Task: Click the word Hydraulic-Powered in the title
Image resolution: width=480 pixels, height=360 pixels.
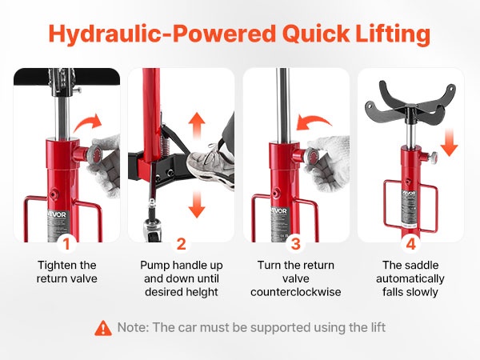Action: (162, 34)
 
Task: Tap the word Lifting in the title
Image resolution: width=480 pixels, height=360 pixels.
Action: (393, 33)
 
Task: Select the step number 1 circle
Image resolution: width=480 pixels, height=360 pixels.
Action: (66, 244)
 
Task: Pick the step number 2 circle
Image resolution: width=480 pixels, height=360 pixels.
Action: (182, 244)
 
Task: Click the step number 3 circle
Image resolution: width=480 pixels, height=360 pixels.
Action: (296, 244)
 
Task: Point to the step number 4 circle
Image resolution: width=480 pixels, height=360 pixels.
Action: (410, 244)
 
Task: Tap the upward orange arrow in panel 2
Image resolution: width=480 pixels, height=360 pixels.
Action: (197, 125)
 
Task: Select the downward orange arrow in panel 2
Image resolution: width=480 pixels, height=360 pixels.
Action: (197, 205)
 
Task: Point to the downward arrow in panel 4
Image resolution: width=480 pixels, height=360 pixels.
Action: (449, 142)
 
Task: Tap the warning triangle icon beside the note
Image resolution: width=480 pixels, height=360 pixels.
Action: (103, 328)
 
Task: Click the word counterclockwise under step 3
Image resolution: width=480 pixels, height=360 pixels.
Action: (296, 292)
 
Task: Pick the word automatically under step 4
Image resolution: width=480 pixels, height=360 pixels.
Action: (410, 279)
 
